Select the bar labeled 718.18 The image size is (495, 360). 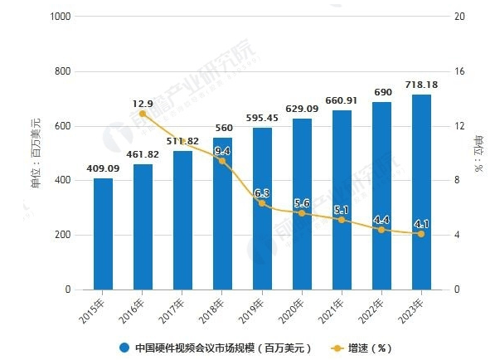coord(421,195)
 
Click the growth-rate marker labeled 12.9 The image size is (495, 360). coord(143,114)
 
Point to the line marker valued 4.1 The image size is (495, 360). coord(421,234)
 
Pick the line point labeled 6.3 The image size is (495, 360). coord(262,203)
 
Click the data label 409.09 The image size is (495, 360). coord(103,169)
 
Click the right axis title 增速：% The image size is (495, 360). coord(478,153)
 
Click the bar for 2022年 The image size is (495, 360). coord(381,199)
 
